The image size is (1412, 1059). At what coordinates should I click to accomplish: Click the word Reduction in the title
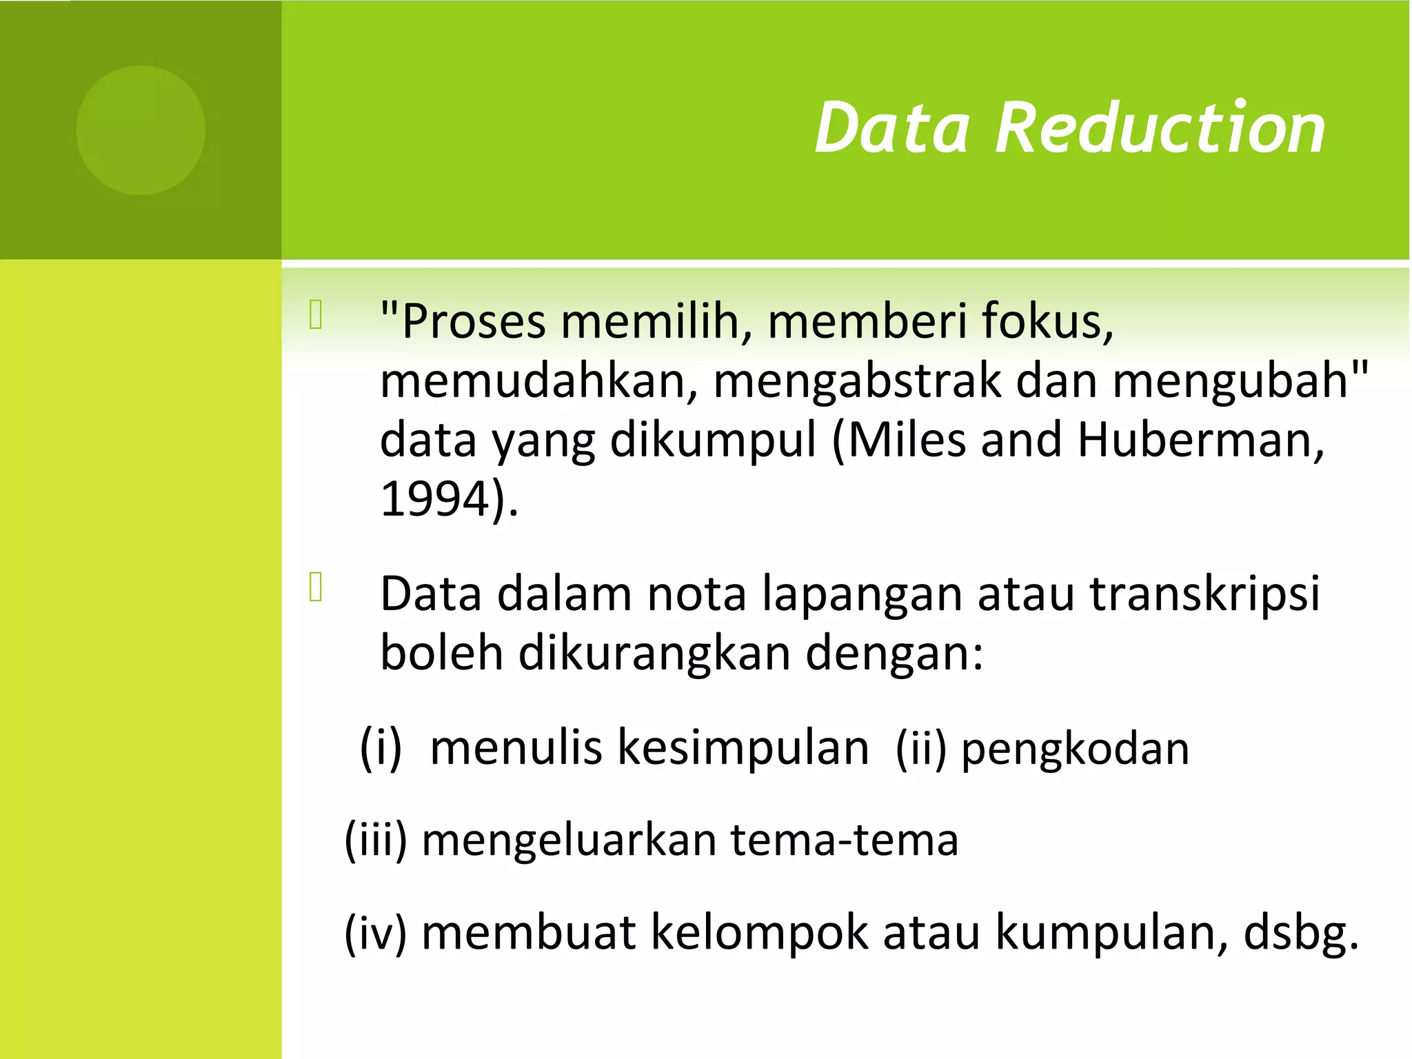(1160, 128)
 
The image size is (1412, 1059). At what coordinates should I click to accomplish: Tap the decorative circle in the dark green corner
(141, 130)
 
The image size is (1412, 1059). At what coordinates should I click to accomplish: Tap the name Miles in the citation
(906, 440)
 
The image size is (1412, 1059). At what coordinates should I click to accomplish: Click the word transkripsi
(1204, 594)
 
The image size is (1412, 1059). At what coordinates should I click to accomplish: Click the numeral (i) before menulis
(381, 747)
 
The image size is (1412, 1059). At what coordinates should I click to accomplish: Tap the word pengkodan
(1076, 750)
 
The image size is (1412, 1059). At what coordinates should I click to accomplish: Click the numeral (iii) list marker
(376, 841)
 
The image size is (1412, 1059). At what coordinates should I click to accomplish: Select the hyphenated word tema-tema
(845, 841)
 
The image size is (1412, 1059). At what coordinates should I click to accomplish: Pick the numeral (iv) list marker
(376, 934)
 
